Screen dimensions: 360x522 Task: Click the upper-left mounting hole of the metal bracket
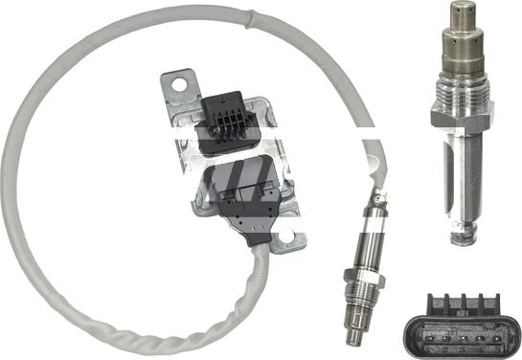click(177, 84)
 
